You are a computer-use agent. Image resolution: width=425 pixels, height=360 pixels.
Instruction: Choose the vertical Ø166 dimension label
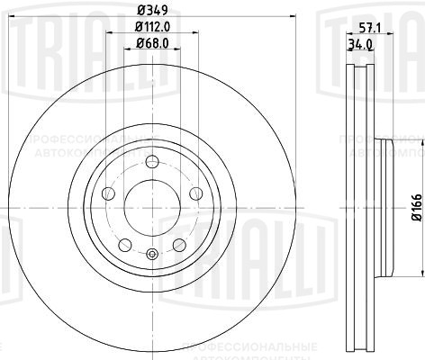click(416, 207)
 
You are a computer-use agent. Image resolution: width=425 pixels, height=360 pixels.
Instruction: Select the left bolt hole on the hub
click(109, 193)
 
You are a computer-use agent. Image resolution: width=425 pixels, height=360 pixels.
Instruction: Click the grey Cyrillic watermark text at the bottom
click(248, 346)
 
